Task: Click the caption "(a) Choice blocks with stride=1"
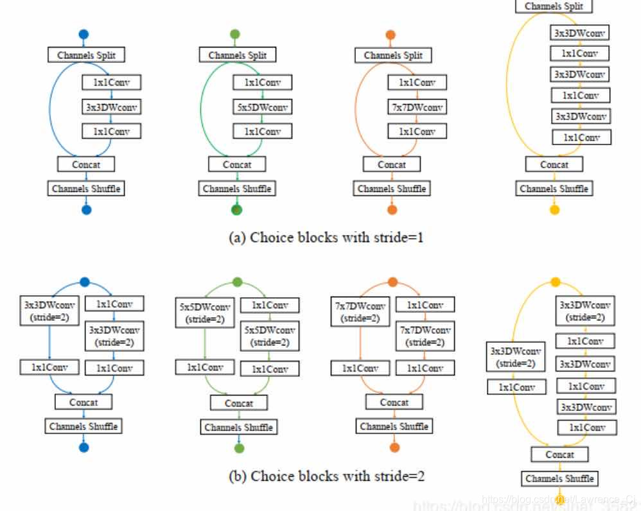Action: click(x=326, y=237)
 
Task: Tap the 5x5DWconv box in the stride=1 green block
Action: click(x=262, y=107)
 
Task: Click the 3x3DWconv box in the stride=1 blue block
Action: click(x=111, y=107)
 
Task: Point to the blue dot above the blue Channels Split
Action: click(x=83, y=34)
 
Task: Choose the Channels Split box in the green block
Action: click(x=237, y=55)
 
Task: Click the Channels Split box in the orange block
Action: click(x=393, y=55)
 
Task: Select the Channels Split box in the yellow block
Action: click(x=554, y=6)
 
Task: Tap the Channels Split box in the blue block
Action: click(x=86, y=55)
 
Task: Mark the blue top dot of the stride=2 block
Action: click(x=84, y=282)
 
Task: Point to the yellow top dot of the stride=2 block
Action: click(x=556, y=282)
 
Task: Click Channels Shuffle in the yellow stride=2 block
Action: click(x=559, y=478)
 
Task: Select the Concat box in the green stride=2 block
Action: click(x=238, y=404)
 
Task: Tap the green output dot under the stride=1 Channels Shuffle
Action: click(x=237, y=209)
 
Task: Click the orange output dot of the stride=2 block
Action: click(x=394, y=447)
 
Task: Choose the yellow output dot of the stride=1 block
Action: click(x=555, y=209)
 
